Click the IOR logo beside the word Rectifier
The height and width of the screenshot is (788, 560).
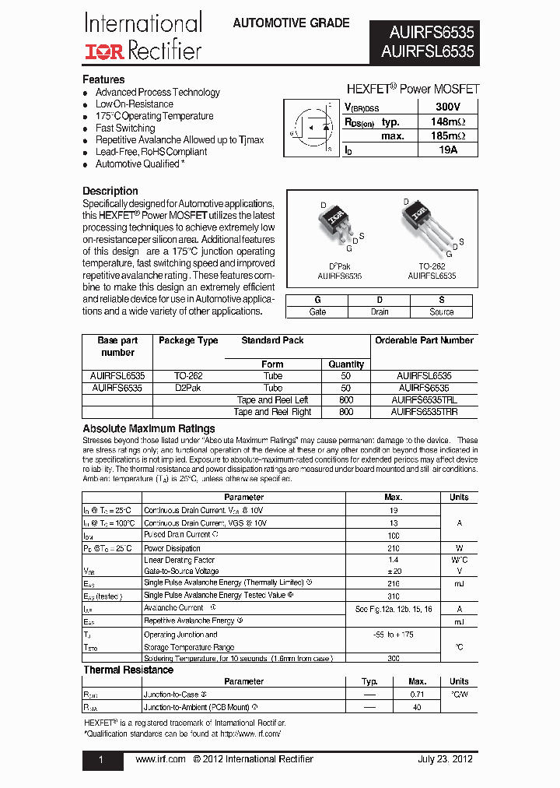click(x=104, y=51)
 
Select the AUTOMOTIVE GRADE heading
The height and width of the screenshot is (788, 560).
click(x=291, y=23)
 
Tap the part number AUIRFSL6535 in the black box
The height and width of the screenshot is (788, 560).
click(x=427, y=52)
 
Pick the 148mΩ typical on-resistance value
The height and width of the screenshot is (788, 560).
click(x=447, y=121)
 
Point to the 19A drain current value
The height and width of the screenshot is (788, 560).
click(x=447, y=150)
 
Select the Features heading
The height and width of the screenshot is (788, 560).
click(x=103, y=79)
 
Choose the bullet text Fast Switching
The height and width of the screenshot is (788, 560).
click(x=125, y=128)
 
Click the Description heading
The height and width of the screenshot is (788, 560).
click(x=110, y=191)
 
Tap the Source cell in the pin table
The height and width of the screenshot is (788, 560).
click(x=441, y=311)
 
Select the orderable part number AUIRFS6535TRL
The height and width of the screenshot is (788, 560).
click(x=424, y=399)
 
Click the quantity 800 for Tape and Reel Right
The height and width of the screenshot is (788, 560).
click(x=346, y=412)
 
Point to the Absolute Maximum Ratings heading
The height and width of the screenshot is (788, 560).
click(x=149, y=429)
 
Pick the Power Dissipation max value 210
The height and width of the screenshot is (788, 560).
click(x=393, y=548)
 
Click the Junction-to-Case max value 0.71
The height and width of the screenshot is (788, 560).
click(x=418, y=693)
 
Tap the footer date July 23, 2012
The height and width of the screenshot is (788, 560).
click(x=445, y=759)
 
